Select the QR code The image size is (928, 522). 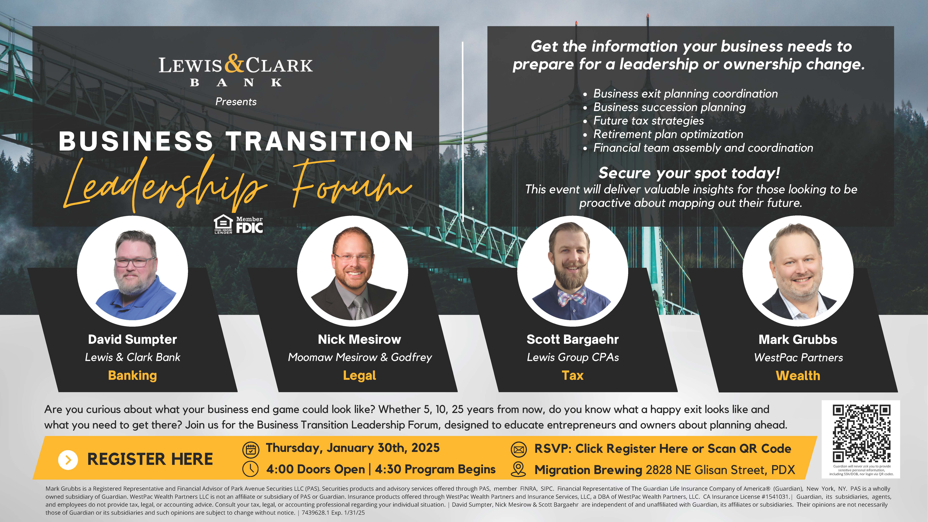861,433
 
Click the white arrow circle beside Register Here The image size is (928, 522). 68,460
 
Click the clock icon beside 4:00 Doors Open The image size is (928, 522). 251,469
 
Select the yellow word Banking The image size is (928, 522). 133,375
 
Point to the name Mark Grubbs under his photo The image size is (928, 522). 798,339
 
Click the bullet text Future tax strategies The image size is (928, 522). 648,121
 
